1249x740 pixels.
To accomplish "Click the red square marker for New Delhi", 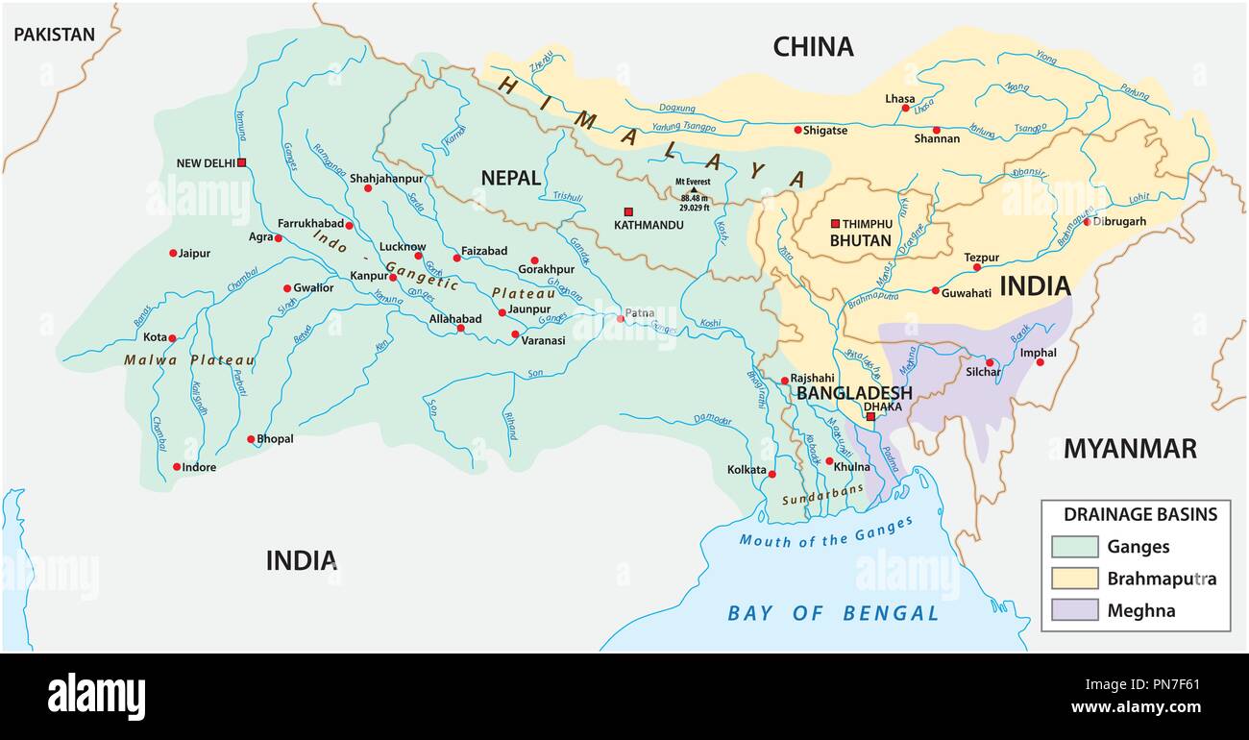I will tap(242, 162).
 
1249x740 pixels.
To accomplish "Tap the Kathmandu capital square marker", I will tap(629, 211).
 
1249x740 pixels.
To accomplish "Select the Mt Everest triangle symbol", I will tap(694, 189).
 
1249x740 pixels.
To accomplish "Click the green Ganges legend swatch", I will tap(1074, 547).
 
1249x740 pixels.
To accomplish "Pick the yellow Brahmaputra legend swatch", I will tap(1074, 579).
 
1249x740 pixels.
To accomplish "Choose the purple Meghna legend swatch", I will tap(1074, 610).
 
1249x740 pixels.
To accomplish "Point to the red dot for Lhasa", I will tap(905, 109).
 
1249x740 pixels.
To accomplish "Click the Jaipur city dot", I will tap(174, 254).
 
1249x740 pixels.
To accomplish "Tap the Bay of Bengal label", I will tap(833, 613).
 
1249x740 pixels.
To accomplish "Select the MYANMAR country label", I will tap(1129, 449).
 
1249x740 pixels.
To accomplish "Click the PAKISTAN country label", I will tap(55, 36).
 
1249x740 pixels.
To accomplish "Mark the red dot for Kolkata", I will tap(771, 473).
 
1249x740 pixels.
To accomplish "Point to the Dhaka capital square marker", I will tap(870, 417).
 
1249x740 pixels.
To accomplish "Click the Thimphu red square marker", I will tap(835, 224).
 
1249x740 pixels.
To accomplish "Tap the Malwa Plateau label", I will tap(189, 360).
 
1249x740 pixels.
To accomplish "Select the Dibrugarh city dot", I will tap(1087, 221).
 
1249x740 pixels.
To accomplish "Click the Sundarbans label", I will tap(816, 501).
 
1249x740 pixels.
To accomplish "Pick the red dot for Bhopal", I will tap(251, 439).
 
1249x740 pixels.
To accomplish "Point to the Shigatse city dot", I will tap(797, 130).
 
